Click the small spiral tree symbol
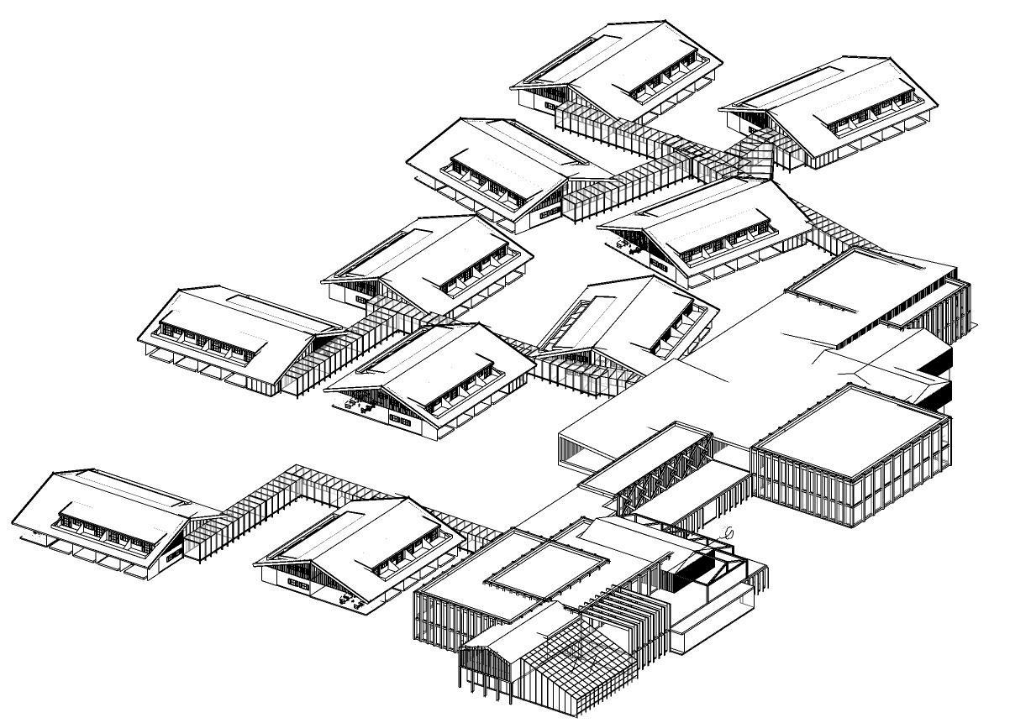click(729, 532)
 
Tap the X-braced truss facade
click(664, 475)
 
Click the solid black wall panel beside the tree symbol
click(691, 572)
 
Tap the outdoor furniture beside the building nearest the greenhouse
click(347, 599)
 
